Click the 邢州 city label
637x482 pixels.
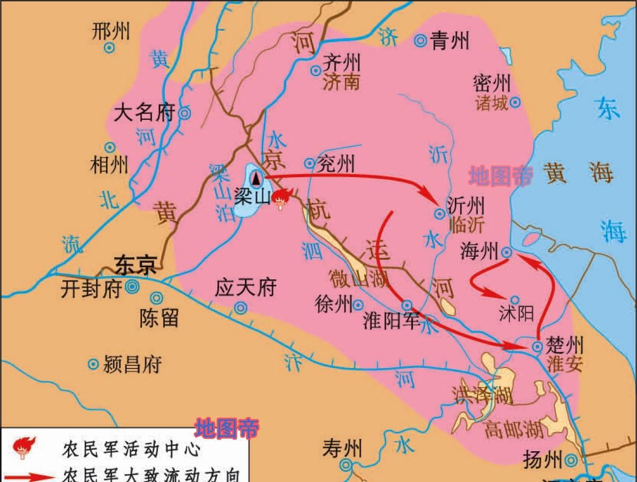110,32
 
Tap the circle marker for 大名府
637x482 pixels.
185,112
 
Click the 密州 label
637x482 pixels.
492,83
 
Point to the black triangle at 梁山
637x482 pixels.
256,178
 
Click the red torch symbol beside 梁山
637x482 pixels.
280,199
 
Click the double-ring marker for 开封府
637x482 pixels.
131,287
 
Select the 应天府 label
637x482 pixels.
246,288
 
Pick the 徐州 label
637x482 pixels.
333,304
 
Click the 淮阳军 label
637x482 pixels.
392,321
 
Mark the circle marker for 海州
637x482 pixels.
507,253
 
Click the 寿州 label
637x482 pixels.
342,449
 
